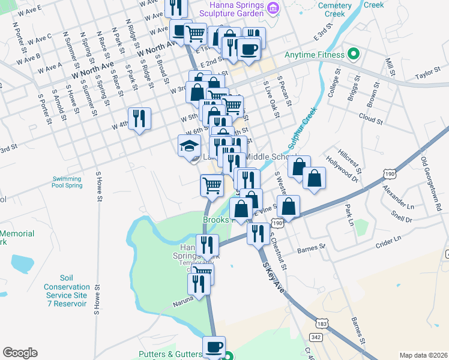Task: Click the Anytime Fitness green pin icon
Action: click(354, 55)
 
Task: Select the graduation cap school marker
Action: click(189, 146)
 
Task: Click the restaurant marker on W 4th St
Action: click(139, 118)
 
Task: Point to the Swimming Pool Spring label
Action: click(67, 182)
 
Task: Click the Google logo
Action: click(20, 353)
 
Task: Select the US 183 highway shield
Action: click(322, 323)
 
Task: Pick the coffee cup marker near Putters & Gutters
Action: click(214, 347)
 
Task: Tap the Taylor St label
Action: click(428, 77)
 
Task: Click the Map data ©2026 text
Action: click(423, 355)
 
